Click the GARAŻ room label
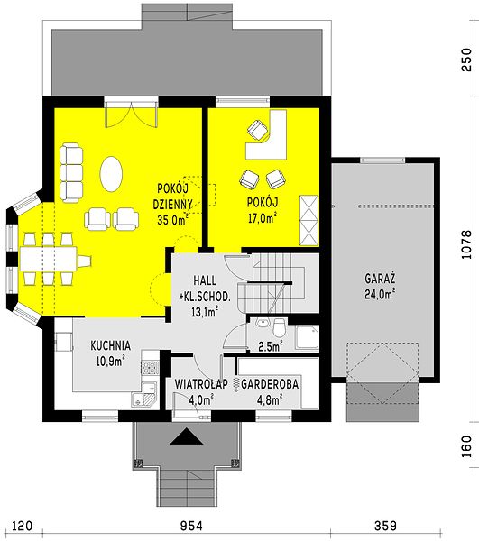tap(380, 279)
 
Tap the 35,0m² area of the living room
tap(173, 220)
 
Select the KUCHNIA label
tap(110, 345)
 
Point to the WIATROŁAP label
tap(201, 384)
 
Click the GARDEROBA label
tap(270, 384)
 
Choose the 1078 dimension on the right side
tap(466, 244)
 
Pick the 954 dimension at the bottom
tap(191, 526)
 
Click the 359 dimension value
tap(385, 526)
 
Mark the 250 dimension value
tap(466, 60)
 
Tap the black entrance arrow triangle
tap(187, 436)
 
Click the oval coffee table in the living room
tap(111, 174)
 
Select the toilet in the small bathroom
tap(279, 327)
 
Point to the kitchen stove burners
tap(150, 368)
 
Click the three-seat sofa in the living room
tap(71, 173)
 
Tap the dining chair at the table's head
tap(85, 261)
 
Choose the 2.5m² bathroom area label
tap(271, 346)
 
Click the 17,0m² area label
tap(263, 218)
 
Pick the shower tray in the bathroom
tap(307, 337)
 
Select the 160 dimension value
tap(466, 447)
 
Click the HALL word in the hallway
tap(205, 280)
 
